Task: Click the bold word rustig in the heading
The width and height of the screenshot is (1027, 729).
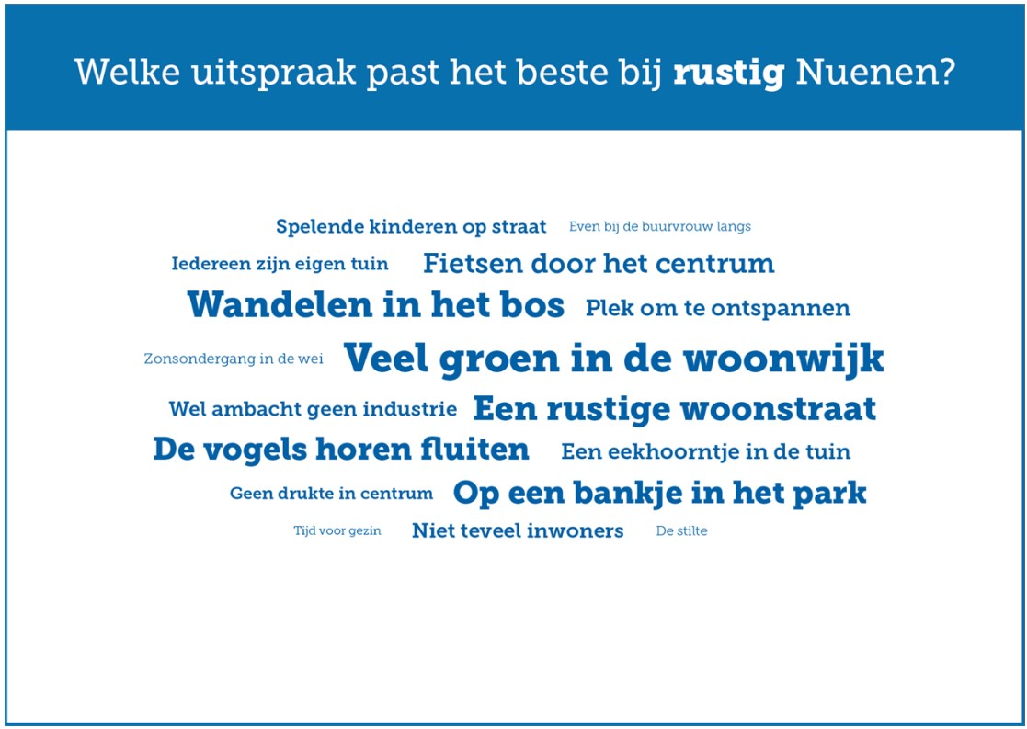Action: click(728, 72)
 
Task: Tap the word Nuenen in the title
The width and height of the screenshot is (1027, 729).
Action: click(874, 72)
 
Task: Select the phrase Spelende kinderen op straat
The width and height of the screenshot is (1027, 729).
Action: click(411, 227)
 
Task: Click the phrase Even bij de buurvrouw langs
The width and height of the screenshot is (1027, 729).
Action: click(659, 227)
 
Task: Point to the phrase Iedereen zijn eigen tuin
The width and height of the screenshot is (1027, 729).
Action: click(280, 265)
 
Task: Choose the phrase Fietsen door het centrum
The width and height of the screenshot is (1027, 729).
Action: click(599, 265)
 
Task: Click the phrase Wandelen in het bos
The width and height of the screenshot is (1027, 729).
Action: click(375, 306)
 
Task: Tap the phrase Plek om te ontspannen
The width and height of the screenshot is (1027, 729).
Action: click(717, 309)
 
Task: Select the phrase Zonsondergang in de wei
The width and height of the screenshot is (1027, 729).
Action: click(234, 359)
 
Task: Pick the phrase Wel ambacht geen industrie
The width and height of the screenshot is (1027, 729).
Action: click(313, 410)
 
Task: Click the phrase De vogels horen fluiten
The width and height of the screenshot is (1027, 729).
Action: click(341, 450)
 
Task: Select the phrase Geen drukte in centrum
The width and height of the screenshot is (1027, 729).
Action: click(331, 494)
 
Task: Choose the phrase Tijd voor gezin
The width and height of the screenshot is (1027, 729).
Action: click(337, 531)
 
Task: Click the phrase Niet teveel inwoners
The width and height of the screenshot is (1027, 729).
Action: click(518, 531)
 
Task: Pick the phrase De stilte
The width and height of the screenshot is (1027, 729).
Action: click(681, 531)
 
